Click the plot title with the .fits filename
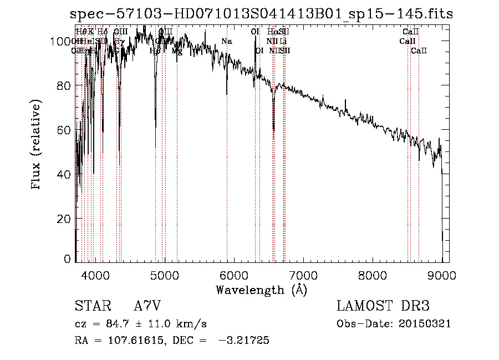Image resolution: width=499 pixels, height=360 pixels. (x=262, y=14)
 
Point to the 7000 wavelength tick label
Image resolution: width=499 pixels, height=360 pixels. (x=303, y=275)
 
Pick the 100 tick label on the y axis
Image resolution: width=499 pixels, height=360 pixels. (x=63, y=41)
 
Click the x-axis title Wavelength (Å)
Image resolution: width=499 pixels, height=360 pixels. (x=261, y=289)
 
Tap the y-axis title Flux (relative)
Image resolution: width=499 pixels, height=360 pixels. (x=37, y=145)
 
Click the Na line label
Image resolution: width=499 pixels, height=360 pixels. (x=226, y=41)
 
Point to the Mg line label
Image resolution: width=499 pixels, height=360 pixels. (x=177, y=50)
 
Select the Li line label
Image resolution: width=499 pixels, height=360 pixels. (x=283, y=41)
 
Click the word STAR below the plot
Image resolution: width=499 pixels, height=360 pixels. (x=91, y=306)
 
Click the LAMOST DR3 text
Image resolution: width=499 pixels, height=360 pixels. (x=383, y=306)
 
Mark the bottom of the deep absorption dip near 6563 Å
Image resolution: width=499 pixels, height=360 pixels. (x=273, y=131)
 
